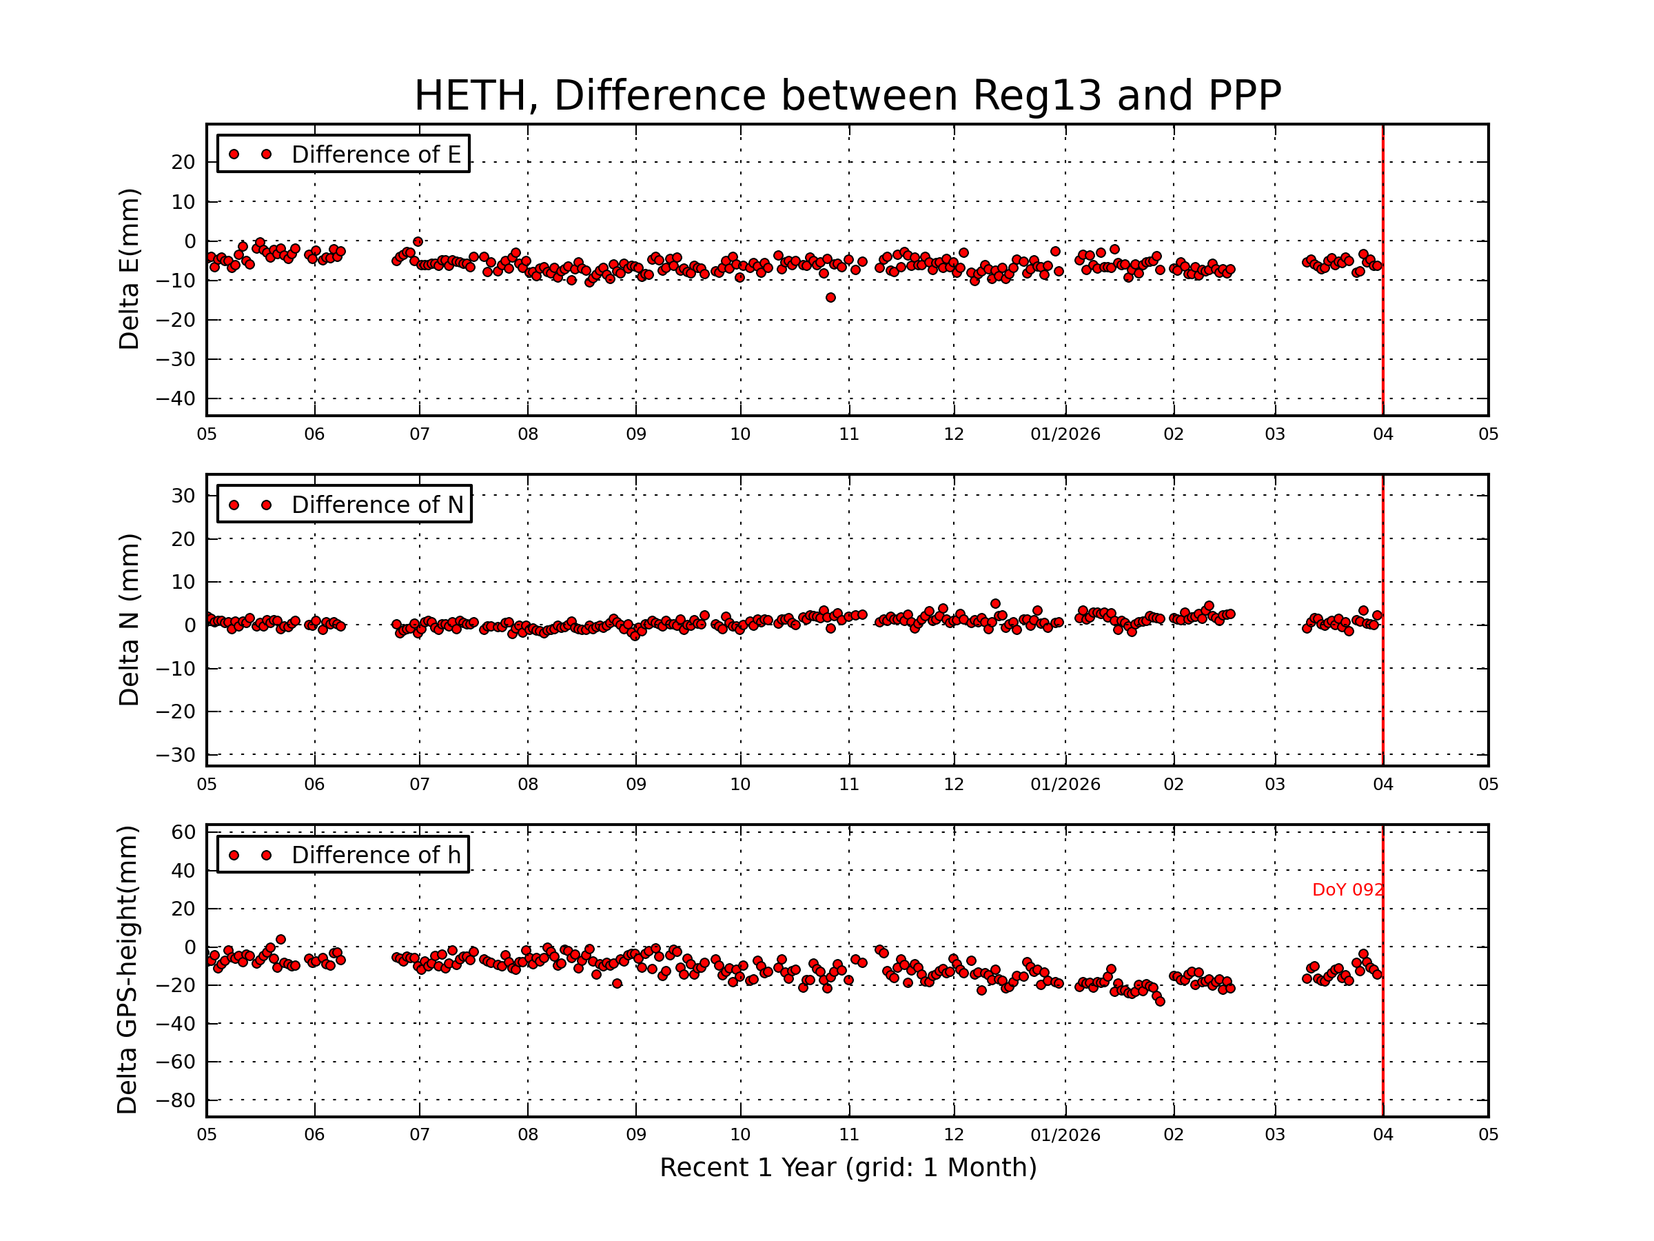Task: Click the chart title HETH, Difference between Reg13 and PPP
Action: tap(847, 96)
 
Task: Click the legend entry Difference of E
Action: tap(376, 154)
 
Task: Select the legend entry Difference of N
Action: tap(377, 505)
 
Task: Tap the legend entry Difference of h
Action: tap(376, 855)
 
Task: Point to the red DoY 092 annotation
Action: tap(1347, 890)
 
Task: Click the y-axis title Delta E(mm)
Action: tap(130, 270)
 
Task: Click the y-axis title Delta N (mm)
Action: tap(130, 619)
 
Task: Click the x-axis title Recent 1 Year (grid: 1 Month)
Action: tap(848, 1168)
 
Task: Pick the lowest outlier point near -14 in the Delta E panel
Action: tap(830, 298)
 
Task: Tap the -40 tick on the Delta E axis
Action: tap(175, 398)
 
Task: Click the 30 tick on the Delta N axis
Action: tap(183, 496)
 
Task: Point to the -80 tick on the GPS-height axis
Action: tap(175, 1100)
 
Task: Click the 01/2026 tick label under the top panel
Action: tap(1065, 434)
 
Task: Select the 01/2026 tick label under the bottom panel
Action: tap(1065, 1135)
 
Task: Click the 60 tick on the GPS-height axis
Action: tap(183, 833)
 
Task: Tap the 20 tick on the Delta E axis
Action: tap(183, 162)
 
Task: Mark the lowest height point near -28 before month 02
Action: tap(1160, 1001)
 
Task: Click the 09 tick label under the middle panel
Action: tap(635, 785)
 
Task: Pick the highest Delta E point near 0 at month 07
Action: tap(418, 241)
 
